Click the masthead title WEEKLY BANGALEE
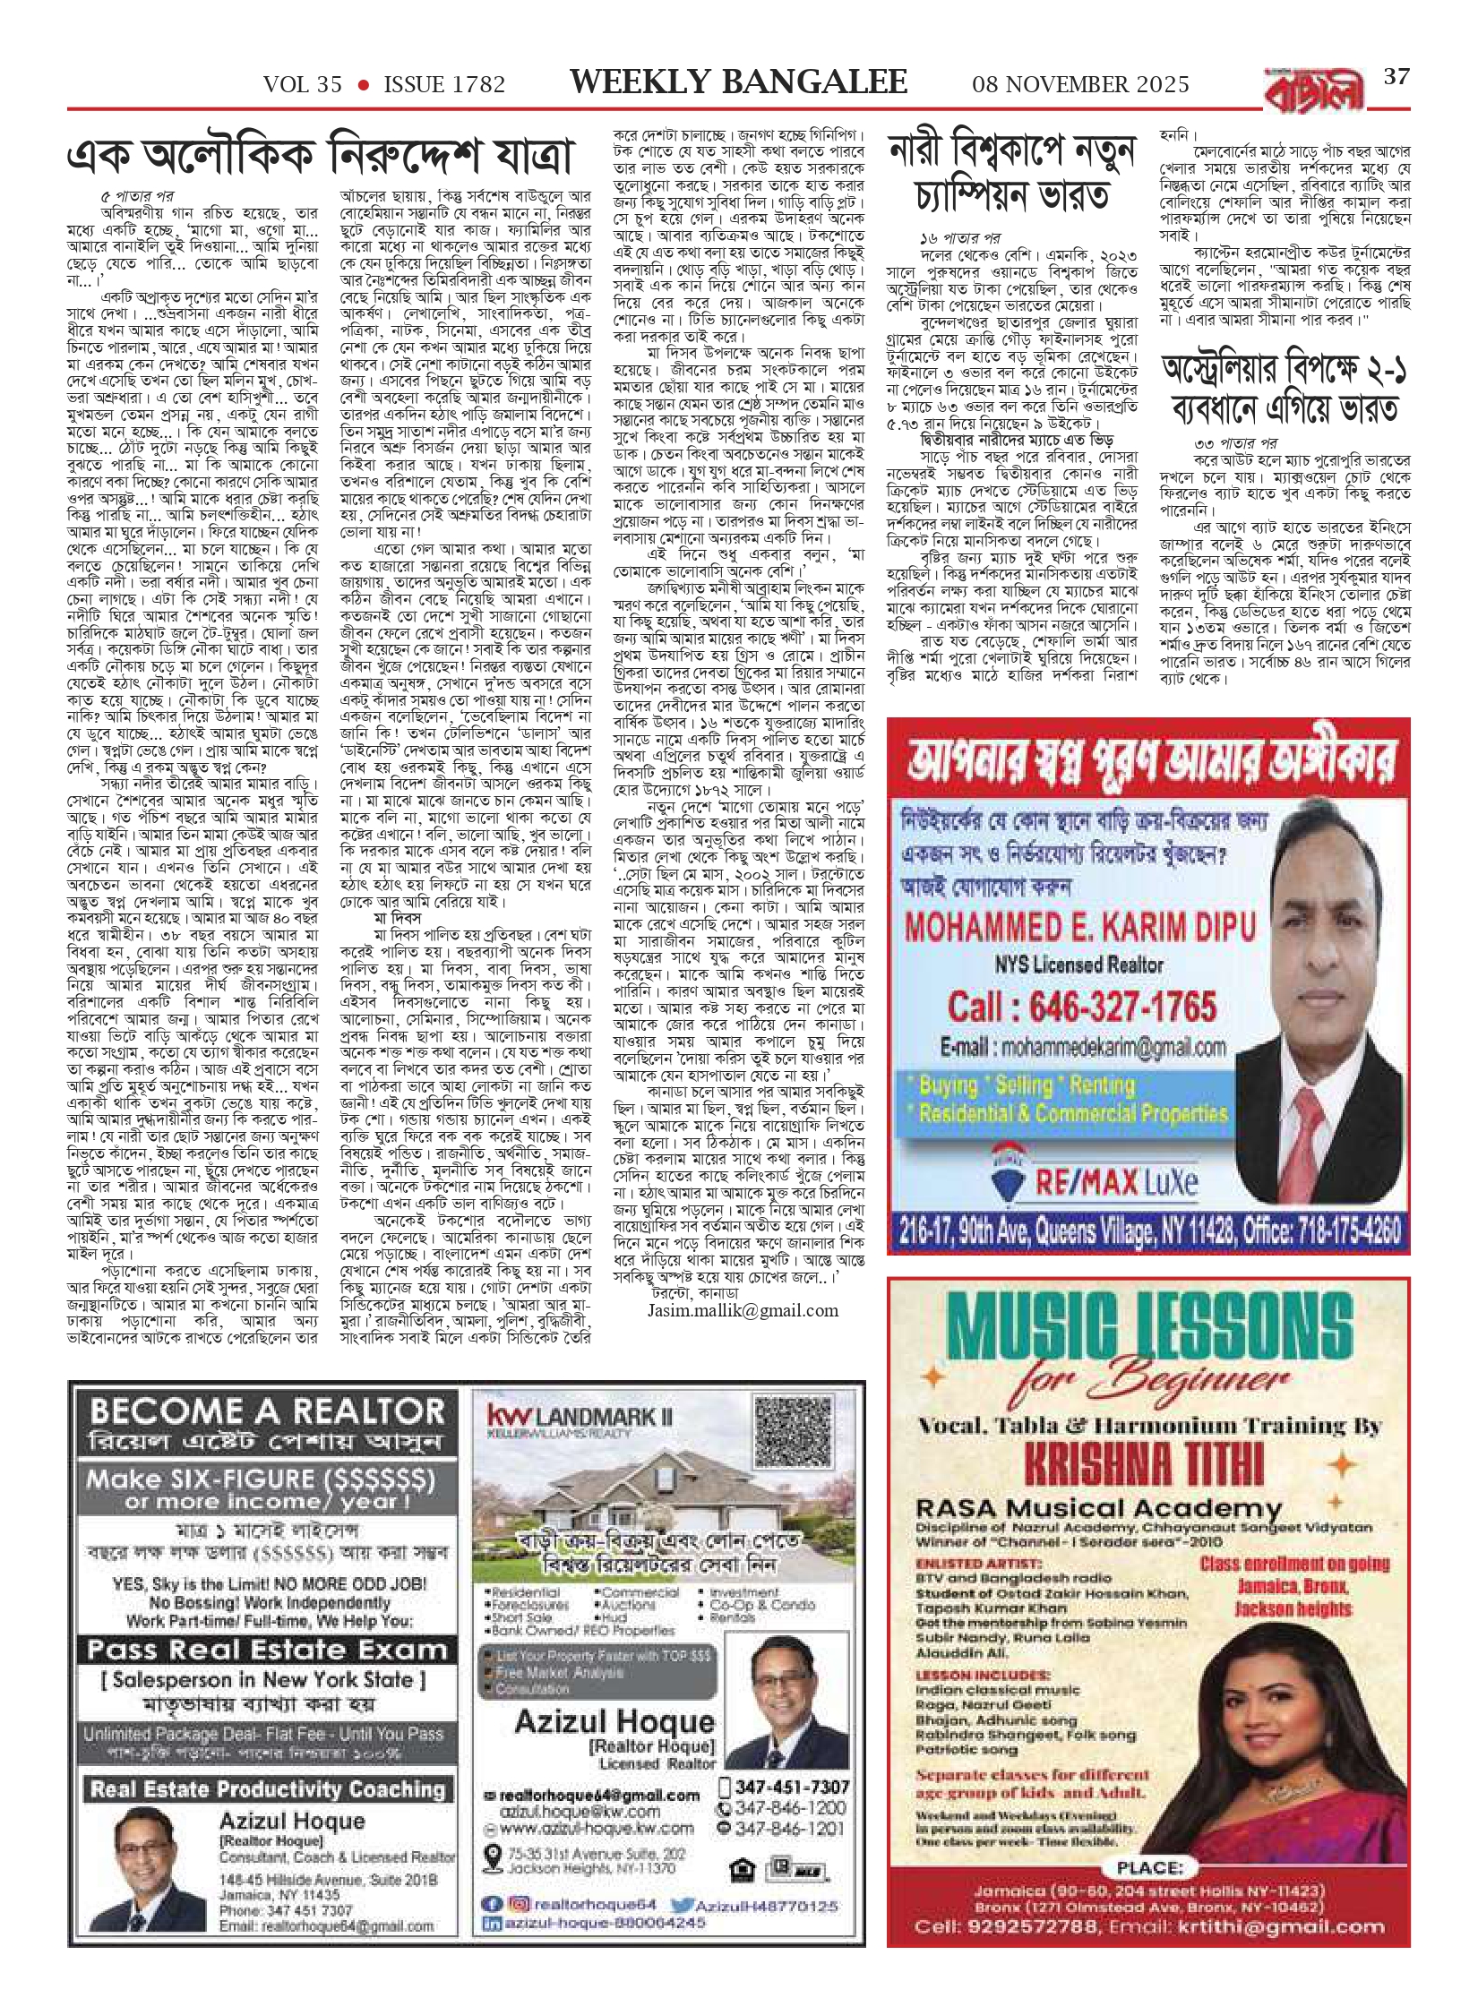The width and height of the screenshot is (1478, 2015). [x=738, y=83]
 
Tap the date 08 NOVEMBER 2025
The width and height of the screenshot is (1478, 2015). [x=1080, y=85]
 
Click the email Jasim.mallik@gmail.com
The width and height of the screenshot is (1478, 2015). [x=743, y=1310]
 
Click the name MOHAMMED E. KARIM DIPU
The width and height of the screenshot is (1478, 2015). [x=1080, y=928]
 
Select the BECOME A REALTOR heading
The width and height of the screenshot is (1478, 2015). [x=267, y=1412]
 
